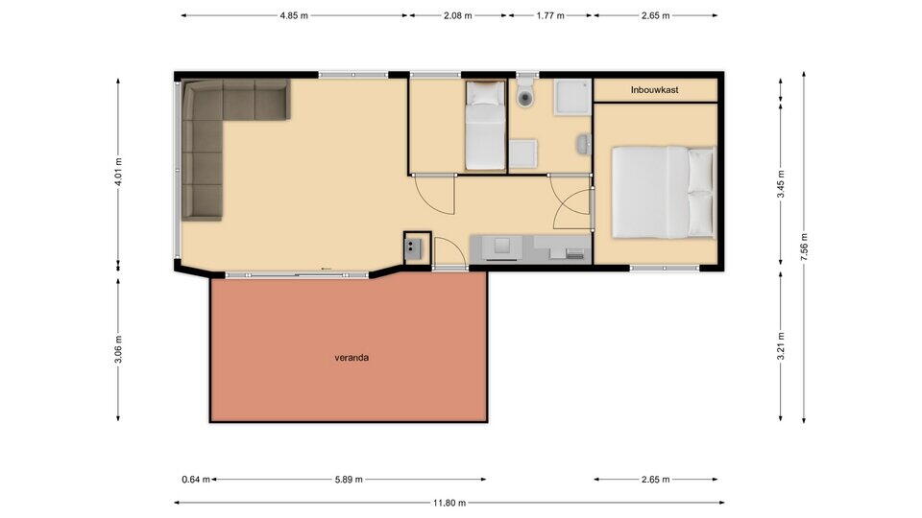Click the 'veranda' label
click(x=352, y=357)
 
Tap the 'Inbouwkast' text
click(x=654, y=90)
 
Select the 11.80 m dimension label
click(x=449, y=503)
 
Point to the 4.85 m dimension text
click(x=294, y=16)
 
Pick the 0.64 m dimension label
click(x=196, y=480)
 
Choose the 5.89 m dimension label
click(x=349, y=480)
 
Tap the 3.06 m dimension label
click(x=118, y=349)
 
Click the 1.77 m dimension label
click(x=550, y=16)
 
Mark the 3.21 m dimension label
click(x=781, y=346)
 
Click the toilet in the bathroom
click(x=525, y=93)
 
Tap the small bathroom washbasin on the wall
click(x=583, y=144)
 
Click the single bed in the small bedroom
click(x=486, y=126)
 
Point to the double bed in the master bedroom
click(x=664, y=193)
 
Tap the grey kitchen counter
click(x=530, y=249)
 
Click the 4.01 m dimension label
click(x=118, y=172)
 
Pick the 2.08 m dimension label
click(x=457, y=16)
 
